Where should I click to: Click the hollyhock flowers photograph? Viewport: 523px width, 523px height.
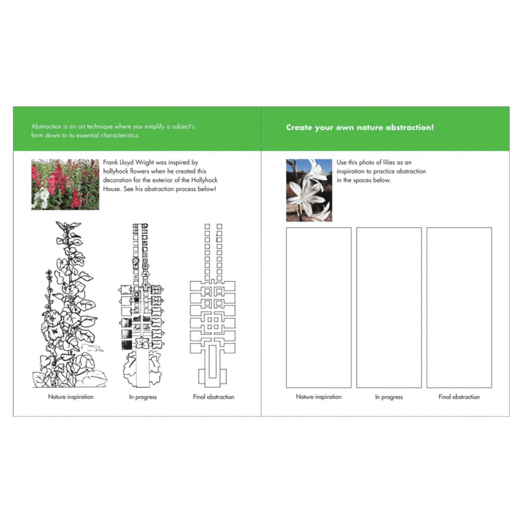click(x=65, y=185)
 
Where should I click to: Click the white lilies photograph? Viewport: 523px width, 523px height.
click(x=309, y=190)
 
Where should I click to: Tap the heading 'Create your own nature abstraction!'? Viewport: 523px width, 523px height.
click(x=360, y=127)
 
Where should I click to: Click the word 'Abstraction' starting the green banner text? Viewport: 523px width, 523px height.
click(x=46, y=126)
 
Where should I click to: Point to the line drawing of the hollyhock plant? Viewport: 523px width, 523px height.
click(x=70, y=304)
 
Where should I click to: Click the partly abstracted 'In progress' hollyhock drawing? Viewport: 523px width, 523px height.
click(x=142, y=305)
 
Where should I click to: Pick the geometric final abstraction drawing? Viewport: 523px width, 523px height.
click(x=213, y=305)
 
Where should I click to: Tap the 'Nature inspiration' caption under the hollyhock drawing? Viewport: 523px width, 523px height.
click(x=70, y=397)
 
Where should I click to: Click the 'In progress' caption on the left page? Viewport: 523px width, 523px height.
click(x=143, y=397)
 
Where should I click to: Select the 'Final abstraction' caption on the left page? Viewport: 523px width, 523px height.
click(x=214, y=397)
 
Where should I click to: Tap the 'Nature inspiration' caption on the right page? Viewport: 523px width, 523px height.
click(x=319, y=397)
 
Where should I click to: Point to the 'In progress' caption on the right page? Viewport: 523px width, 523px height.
click(x=389, y=397)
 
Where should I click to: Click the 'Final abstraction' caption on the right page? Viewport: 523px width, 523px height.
click(x=459, y=397)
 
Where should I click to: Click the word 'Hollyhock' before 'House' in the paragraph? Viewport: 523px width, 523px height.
click(x=204, y=180)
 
